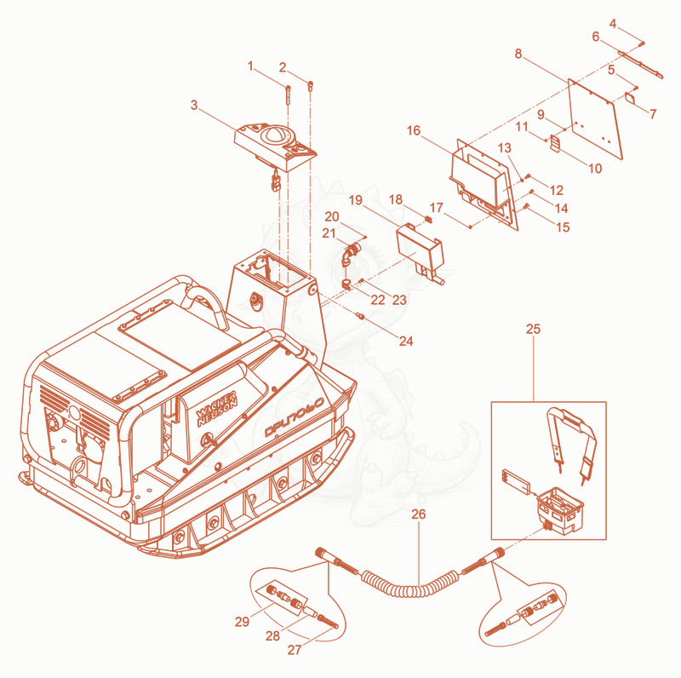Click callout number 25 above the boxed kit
coord(533,329)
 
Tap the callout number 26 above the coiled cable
coord(418,514)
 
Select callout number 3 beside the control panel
coord(194,105)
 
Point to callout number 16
coord(414,130)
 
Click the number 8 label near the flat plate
coord(518,54)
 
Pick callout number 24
coord(406,342)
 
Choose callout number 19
coord(355,200)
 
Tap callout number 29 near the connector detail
coord(242,622)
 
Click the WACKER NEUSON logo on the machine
coord(217,408)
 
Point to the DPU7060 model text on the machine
coord(295,417)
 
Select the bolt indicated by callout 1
coord(288,95)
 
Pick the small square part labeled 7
coord(630,97)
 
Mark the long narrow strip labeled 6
coord(641,66)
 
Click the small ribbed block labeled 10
coord(555,143)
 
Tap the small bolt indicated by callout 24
coord(359,315)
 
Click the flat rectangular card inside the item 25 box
coord(516,481)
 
